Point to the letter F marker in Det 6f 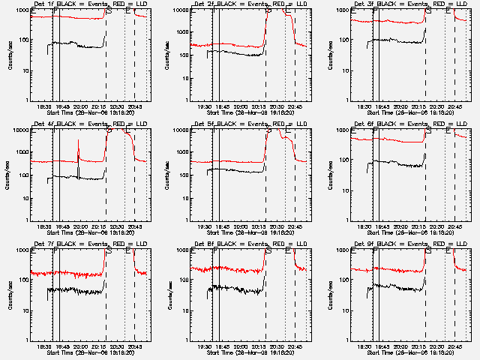(375, 130)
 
